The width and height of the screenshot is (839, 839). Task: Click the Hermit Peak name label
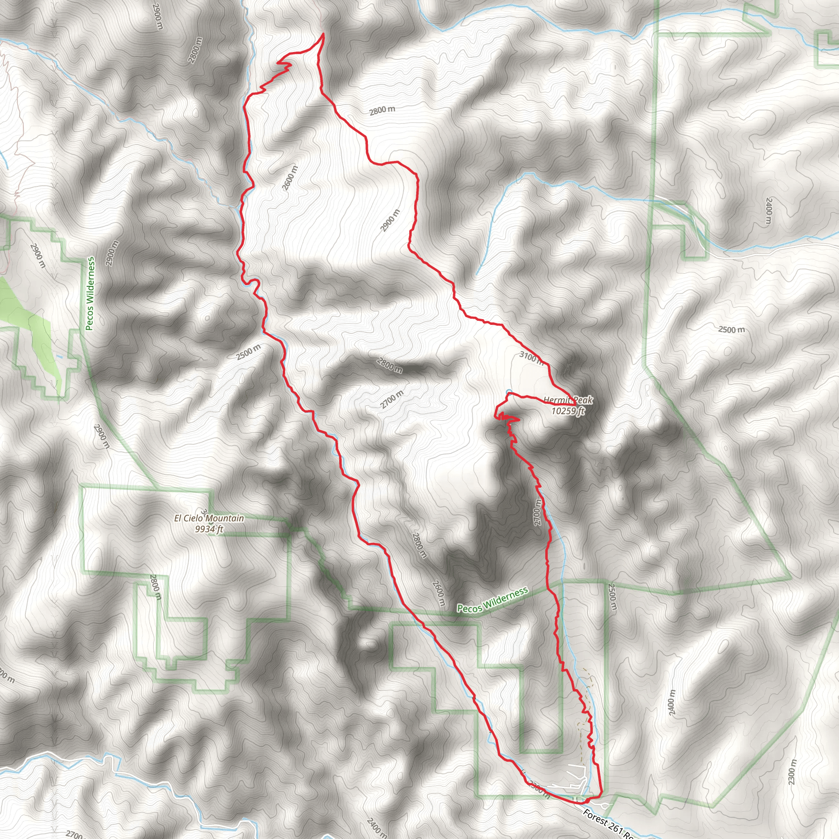567,400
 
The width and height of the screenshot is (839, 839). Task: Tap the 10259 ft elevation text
567,411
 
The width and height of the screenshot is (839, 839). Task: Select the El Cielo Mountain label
209,518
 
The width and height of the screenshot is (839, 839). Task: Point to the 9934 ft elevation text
209,529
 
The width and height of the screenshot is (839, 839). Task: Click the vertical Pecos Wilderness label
90,294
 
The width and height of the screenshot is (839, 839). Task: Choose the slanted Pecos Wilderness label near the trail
492,600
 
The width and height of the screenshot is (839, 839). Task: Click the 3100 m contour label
531,357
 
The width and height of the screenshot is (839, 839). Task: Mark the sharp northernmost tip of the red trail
323,34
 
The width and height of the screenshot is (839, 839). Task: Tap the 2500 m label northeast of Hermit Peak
731,330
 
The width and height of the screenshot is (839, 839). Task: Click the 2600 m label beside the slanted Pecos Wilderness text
439,593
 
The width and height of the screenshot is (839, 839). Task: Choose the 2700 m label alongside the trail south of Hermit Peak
538,512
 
